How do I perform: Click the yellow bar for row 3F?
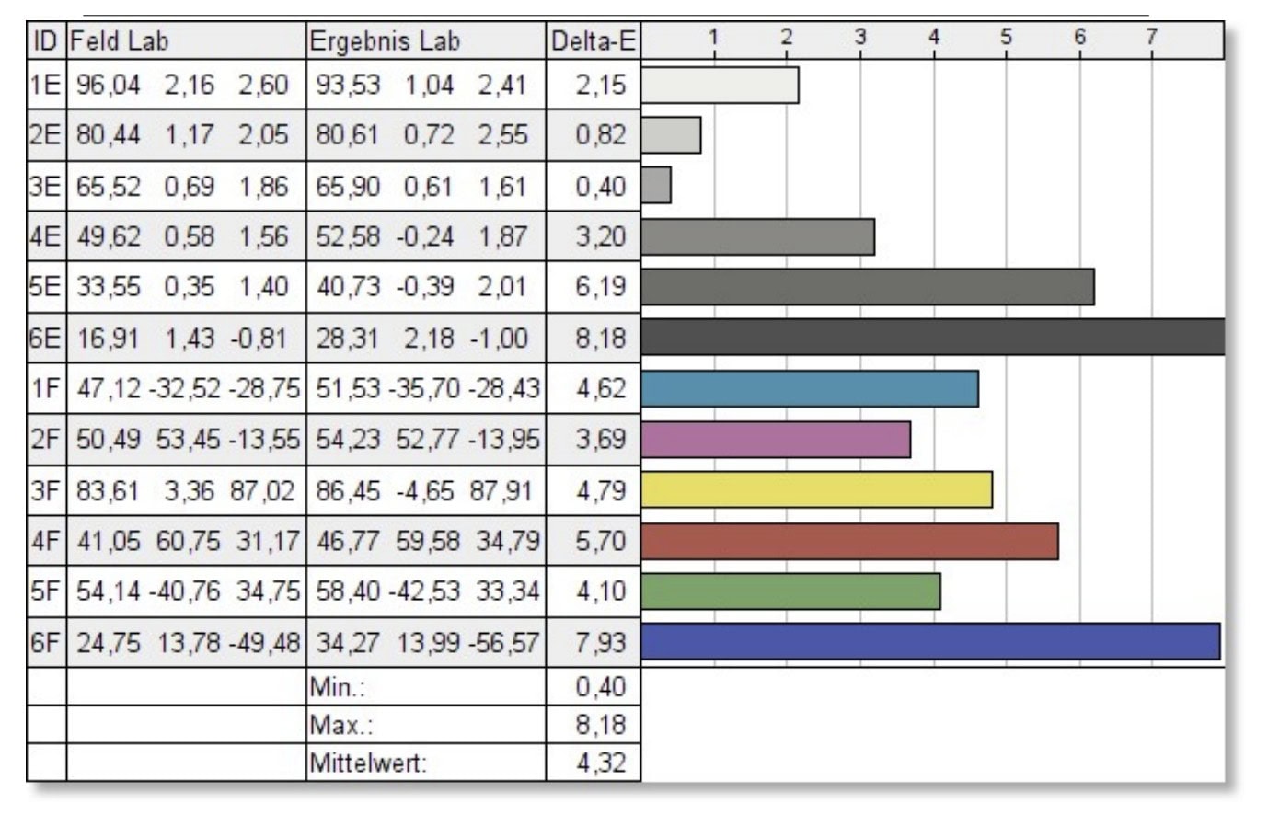pos(816,489)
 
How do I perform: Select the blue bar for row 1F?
pos(809,388)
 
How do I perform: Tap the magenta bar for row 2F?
pos(776,439)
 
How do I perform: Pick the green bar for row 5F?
pos(790,591)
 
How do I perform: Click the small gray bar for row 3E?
pos(656,185)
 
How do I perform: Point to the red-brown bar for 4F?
pos(849,541)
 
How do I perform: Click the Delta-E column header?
pos(594,41)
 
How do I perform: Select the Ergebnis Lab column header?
pos(385,41)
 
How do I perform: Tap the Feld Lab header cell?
pos(120,41)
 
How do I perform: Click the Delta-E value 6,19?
pos(600,287)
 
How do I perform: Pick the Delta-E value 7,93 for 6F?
pos(600,642)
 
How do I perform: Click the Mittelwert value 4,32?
pos(600,763)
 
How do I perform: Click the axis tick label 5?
pos(1006,37)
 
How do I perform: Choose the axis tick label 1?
pos(713,37)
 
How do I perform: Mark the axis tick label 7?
pos(1150,37)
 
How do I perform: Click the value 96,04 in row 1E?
pos(109,85)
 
